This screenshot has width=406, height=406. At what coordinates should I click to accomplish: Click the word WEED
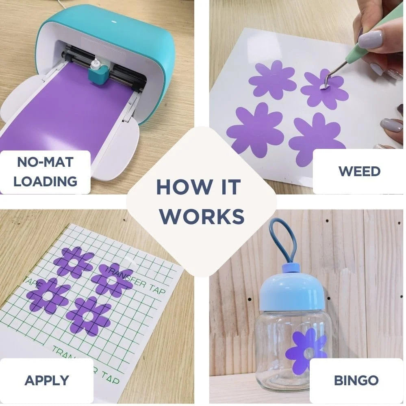point(359,171)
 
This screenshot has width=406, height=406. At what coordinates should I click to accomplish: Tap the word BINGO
point(356,380)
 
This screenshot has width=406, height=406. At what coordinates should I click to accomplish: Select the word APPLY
point(47,380)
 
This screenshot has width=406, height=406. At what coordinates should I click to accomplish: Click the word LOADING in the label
point(45,181)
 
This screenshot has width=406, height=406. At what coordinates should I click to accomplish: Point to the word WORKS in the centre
point(202,216)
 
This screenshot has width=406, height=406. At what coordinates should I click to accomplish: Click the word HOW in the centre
point(184,187)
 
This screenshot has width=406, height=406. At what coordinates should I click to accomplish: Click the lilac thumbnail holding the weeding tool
point(370,39)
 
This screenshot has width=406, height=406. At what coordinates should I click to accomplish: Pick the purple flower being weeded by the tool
point(324,89)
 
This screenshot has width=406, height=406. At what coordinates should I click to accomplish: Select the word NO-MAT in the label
point(45,162)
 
